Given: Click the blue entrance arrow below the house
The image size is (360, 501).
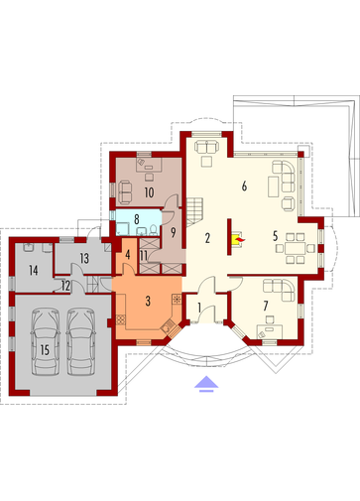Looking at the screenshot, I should pyautogui.click(x=205, y=384).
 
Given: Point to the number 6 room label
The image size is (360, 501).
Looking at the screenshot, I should pyautogui.click(x=243, y=186).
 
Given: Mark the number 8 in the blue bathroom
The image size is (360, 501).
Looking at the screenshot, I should pyautogui.click(x=137, y=216).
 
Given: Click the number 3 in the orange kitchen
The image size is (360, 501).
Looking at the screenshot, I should pyautogui.click(x=148, y=301).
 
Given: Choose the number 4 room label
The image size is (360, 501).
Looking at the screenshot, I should pyautogui.click(x=128, y=255).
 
